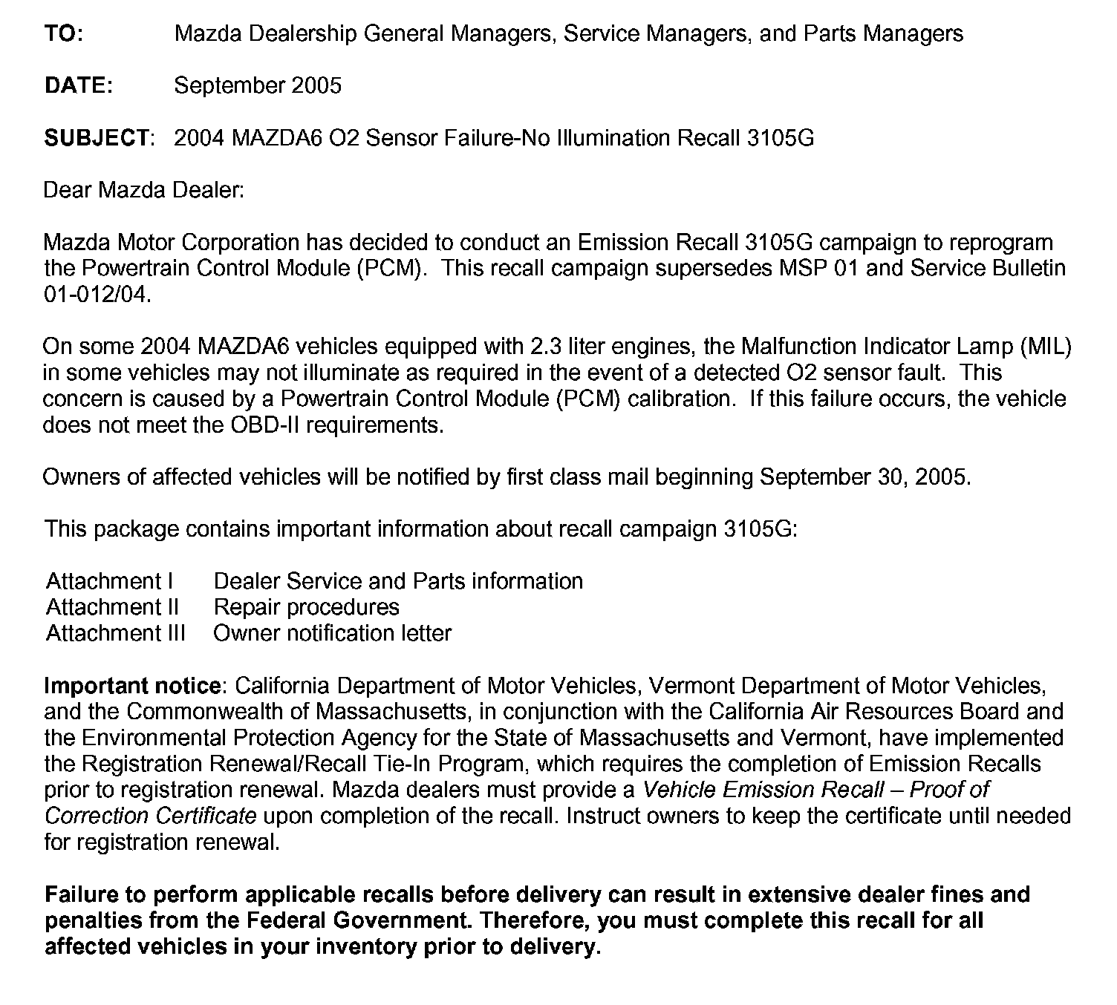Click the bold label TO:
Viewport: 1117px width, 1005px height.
tap(64, 33)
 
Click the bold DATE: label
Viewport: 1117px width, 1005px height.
tap(79, 85)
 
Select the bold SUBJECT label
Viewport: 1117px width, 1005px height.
tap(97, 138)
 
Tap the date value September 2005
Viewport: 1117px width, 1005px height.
tap(258, 85)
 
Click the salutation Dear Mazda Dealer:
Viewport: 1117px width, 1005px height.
tap(144, 190)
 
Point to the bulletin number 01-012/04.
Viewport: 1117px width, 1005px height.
tap(97, 295)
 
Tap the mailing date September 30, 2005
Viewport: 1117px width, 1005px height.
tap(864, 477)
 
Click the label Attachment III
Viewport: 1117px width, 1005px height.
tap(116, 633)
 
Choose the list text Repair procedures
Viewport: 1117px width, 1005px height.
tap(306, 607)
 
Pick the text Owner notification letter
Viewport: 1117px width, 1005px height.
tap(332, 633)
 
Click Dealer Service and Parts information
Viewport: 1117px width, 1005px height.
tap(398, 581)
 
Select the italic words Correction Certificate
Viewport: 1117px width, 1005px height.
tap(151, 816)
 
